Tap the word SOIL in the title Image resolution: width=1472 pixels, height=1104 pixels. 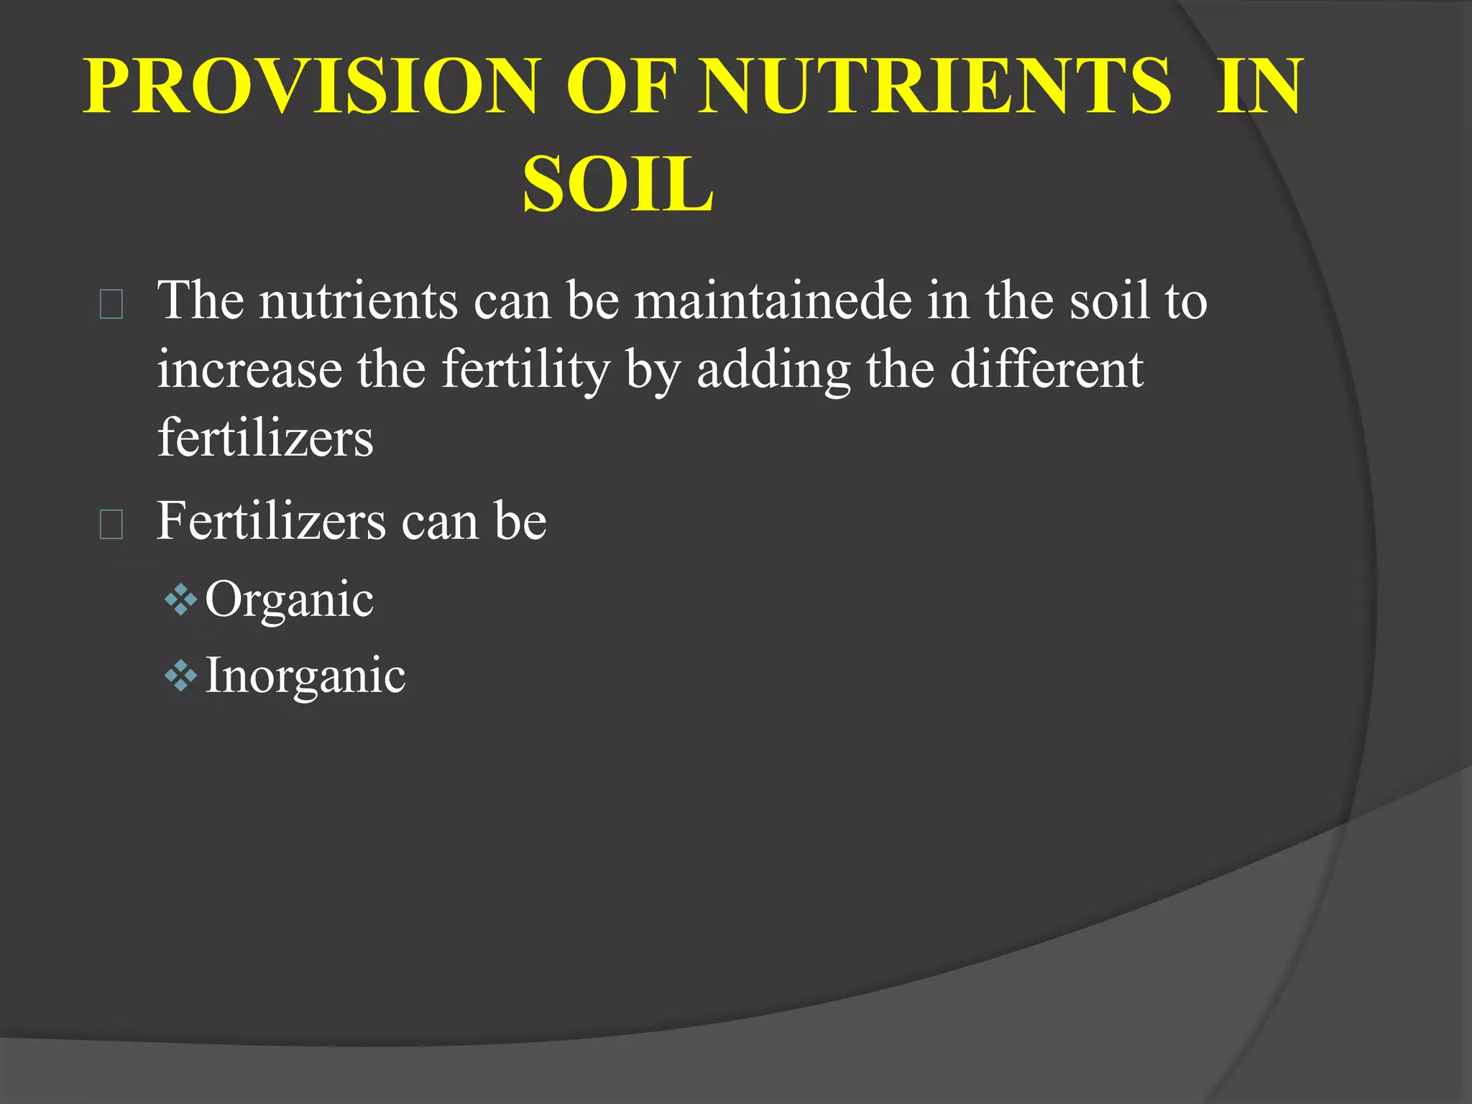point(618,185)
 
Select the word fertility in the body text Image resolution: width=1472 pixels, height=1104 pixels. point(525,369)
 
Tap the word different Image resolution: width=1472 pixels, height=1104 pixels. point(1046,369)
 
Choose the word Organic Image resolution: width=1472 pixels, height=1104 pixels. point(289,599)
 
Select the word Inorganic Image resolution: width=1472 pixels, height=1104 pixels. point(305,676)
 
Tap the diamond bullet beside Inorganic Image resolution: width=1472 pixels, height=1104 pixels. point(180,676)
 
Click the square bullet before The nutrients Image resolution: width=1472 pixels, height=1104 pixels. point(111,304)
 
